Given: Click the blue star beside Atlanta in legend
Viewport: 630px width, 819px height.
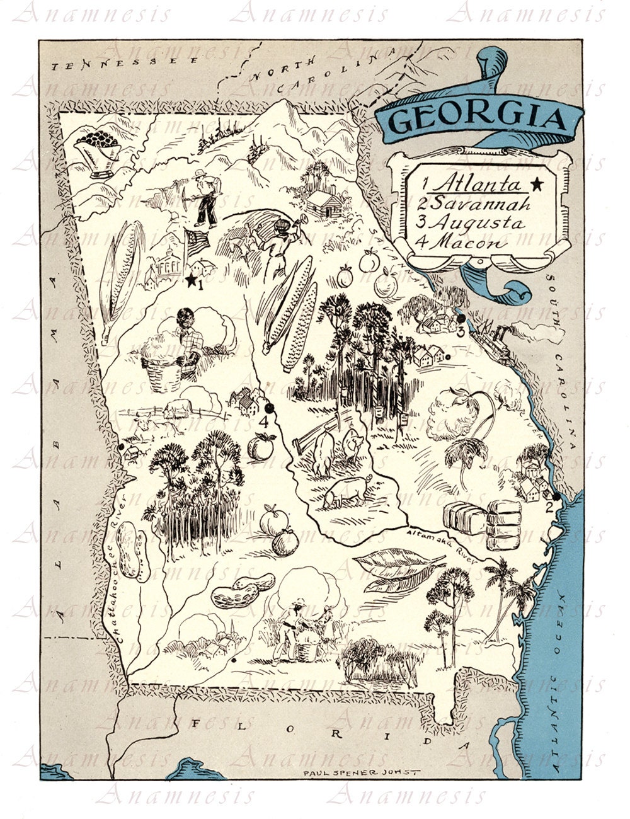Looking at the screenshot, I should click(x=537, y=184).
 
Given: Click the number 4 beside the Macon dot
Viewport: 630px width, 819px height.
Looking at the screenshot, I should click(x=265, y=423).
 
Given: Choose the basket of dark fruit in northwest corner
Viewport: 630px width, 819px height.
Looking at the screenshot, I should click(x=98, y=149).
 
